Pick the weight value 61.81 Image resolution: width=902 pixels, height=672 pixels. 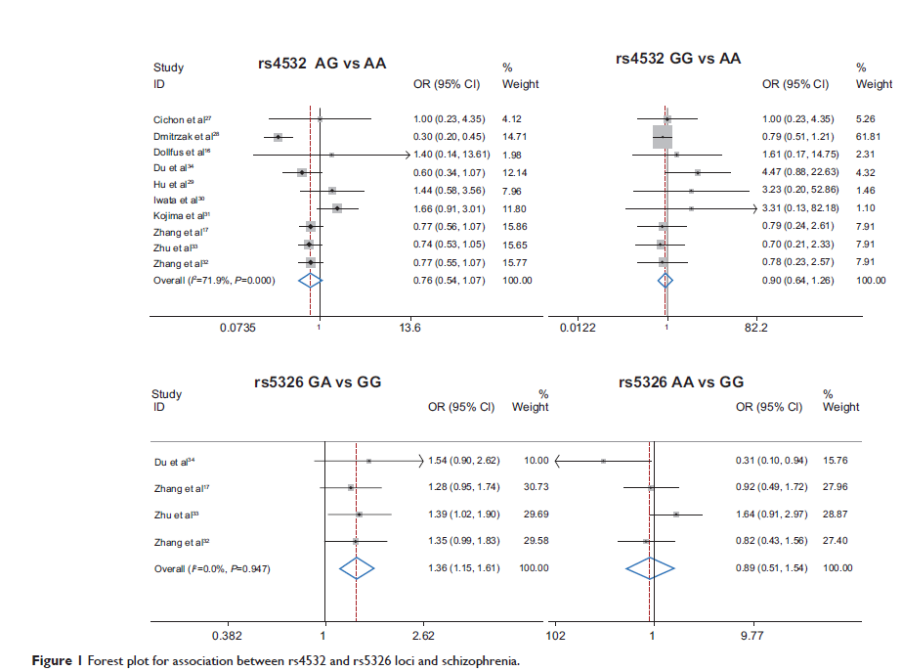pos(870,137)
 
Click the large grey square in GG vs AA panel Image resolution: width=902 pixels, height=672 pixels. pos(664,137)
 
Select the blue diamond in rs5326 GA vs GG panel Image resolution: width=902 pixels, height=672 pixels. pos(357,567)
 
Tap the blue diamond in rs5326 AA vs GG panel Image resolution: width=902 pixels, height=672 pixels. pos(650,567)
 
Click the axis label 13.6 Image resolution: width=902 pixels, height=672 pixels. pos(409,329)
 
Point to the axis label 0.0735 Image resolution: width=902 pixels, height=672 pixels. pos(237,329)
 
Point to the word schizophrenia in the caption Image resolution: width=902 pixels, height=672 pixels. pos(477,661)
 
